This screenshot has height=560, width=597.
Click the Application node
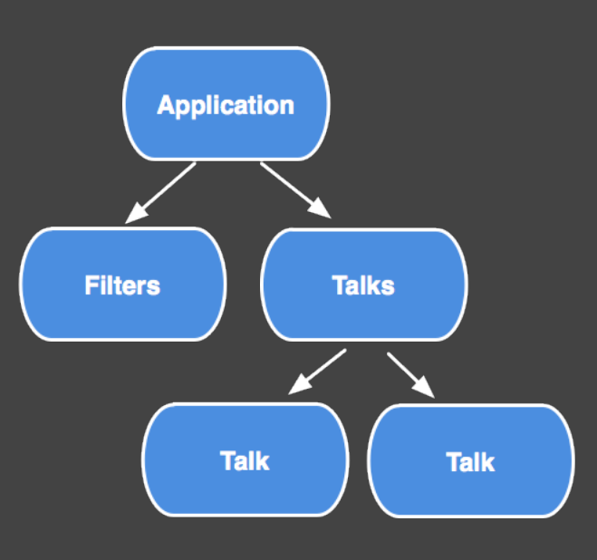226,103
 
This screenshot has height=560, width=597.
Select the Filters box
122,285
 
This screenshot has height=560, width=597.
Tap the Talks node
363,285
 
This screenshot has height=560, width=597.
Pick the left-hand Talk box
245,460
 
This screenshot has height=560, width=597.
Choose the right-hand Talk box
470,462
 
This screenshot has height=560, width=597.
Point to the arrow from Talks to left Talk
320,370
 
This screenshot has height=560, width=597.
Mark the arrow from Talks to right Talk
409,372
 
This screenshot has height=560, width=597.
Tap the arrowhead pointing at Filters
134,214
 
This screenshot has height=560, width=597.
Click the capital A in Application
166,104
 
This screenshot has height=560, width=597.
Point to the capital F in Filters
91,285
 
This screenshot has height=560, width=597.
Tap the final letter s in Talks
389,286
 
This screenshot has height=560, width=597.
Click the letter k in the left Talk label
263,460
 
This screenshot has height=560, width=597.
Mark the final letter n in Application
287,105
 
